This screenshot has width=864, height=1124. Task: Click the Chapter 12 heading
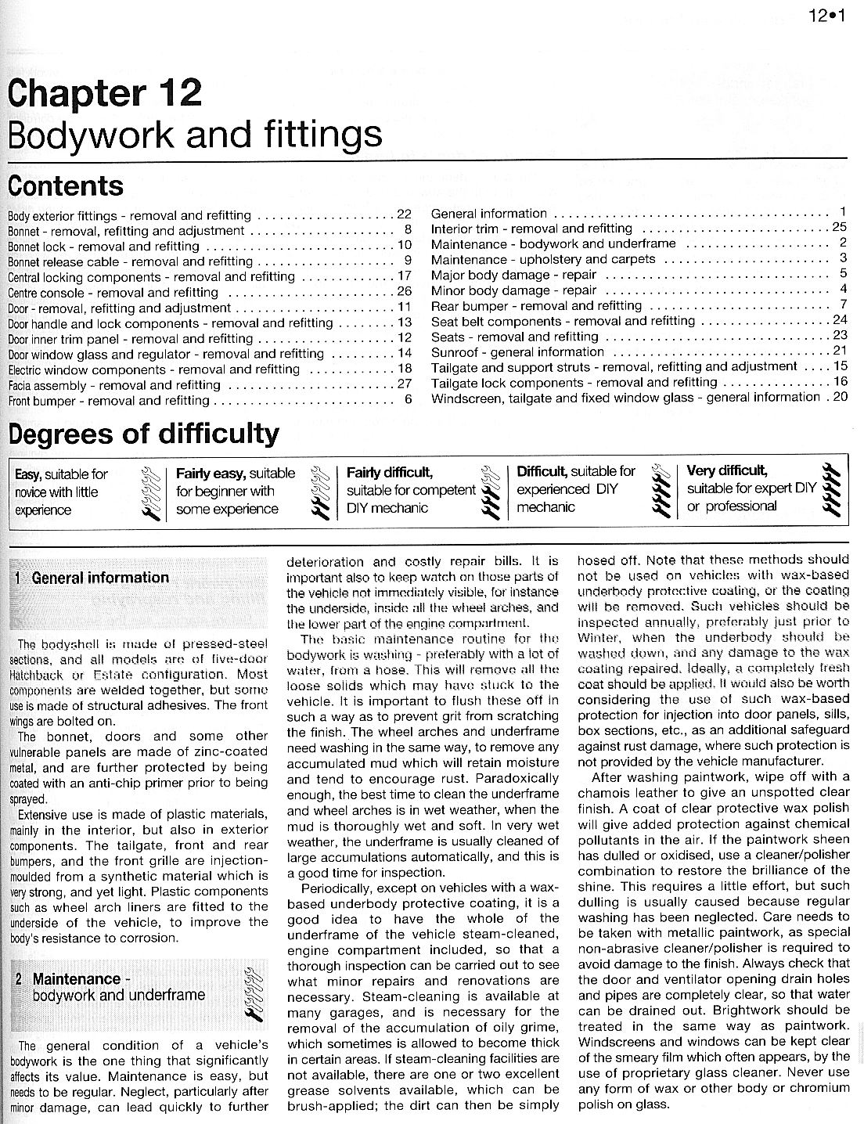105,93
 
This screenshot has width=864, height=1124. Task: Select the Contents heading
66,186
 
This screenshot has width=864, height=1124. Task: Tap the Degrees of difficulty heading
143,433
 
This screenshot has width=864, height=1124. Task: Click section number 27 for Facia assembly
404,384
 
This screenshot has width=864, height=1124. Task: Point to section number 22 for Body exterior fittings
404,215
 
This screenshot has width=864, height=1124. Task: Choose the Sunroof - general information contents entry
517,352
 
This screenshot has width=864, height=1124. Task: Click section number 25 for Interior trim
840,228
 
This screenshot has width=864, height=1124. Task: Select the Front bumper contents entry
109,401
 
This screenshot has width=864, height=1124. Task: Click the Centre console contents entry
113,293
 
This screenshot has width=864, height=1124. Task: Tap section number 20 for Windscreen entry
840,397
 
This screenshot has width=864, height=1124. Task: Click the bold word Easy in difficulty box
28,474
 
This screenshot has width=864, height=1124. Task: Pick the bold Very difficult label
726,471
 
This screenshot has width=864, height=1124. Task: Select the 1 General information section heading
92,578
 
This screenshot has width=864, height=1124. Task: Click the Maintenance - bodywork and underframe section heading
118,987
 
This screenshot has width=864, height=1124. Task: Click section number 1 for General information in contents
843,212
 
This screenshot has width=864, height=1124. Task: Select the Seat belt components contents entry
563,321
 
